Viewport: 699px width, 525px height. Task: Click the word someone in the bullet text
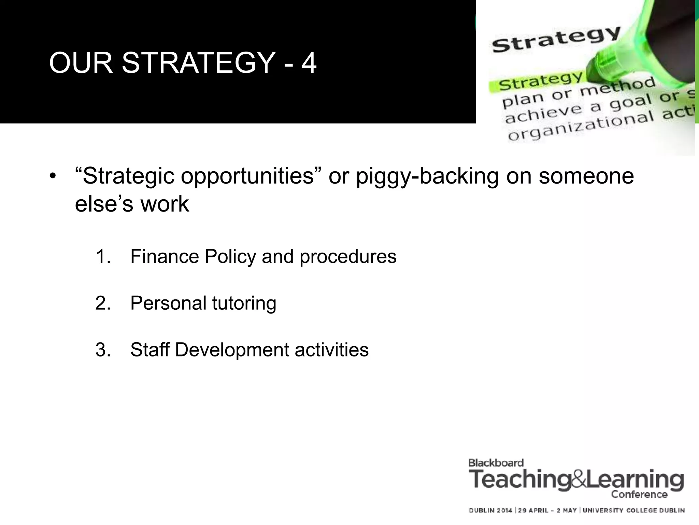(x=586, y=176)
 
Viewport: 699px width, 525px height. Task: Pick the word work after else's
(x=165, y=204)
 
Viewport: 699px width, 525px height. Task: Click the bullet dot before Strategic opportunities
(x=52, y=177)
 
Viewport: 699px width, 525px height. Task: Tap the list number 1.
(x=103, y=256)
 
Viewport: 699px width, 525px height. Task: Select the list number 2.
(x=103, y=303)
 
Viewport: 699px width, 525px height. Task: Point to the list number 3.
(x=103, y=350)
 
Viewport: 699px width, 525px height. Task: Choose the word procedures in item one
(x=348, y=257)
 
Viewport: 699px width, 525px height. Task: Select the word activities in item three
(x=331, y=350)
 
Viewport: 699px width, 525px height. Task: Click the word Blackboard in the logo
(x=496, y=463)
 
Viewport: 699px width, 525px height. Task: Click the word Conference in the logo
(x=639, y=495)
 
